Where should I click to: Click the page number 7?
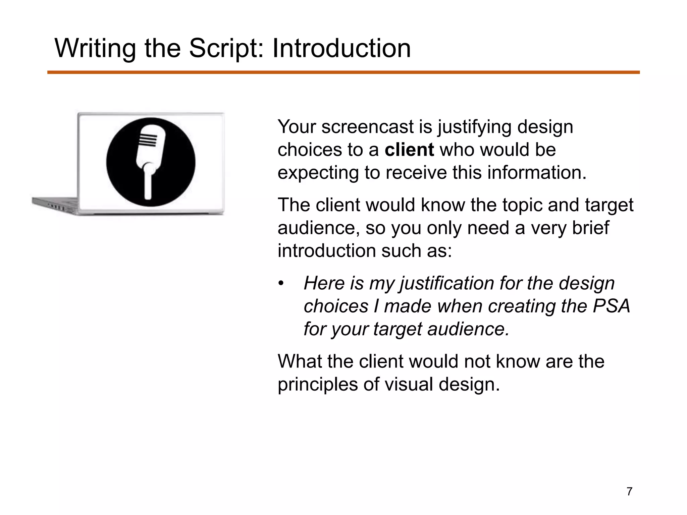[x=629, y=492]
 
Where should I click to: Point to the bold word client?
[x=409, y=150]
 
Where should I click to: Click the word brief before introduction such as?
[x=590, y=228]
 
